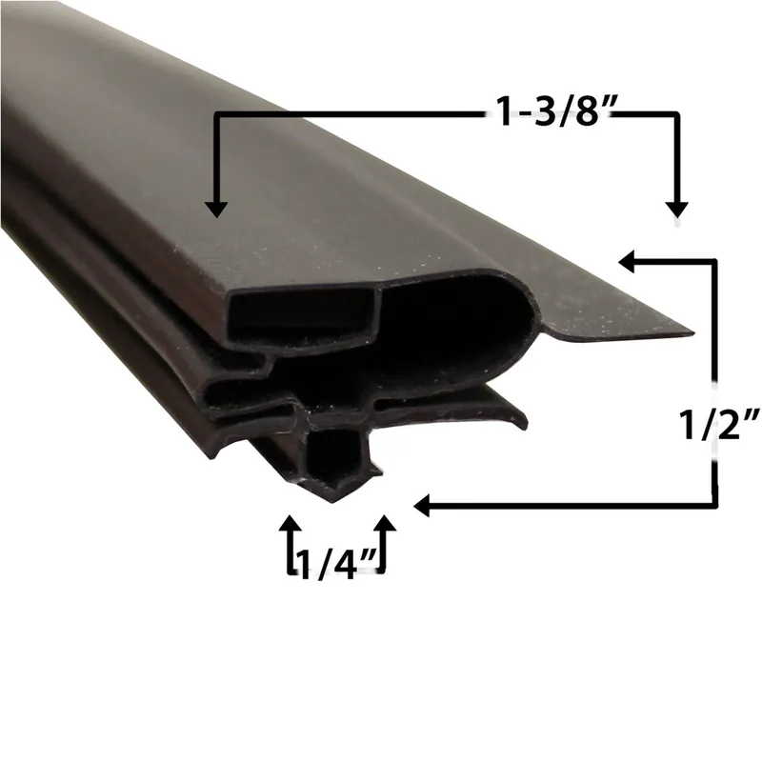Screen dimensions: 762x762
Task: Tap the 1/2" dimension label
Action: [719, 425]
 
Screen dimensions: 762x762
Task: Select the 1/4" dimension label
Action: [337, 565]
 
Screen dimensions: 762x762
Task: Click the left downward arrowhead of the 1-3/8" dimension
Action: [216, 210]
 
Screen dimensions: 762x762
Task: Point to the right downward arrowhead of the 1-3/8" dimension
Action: [677, 210]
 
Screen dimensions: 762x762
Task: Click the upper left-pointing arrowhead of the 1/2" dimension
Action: [627, 261]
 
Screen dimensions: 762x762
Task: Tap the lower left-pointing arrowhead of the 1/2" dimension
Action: [422, 506]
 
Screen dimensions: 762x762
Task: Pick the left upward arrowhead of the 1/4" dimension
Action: [291, 523]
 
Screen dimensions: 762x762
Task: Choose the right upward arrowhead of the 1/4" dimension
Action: [386, 523]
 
